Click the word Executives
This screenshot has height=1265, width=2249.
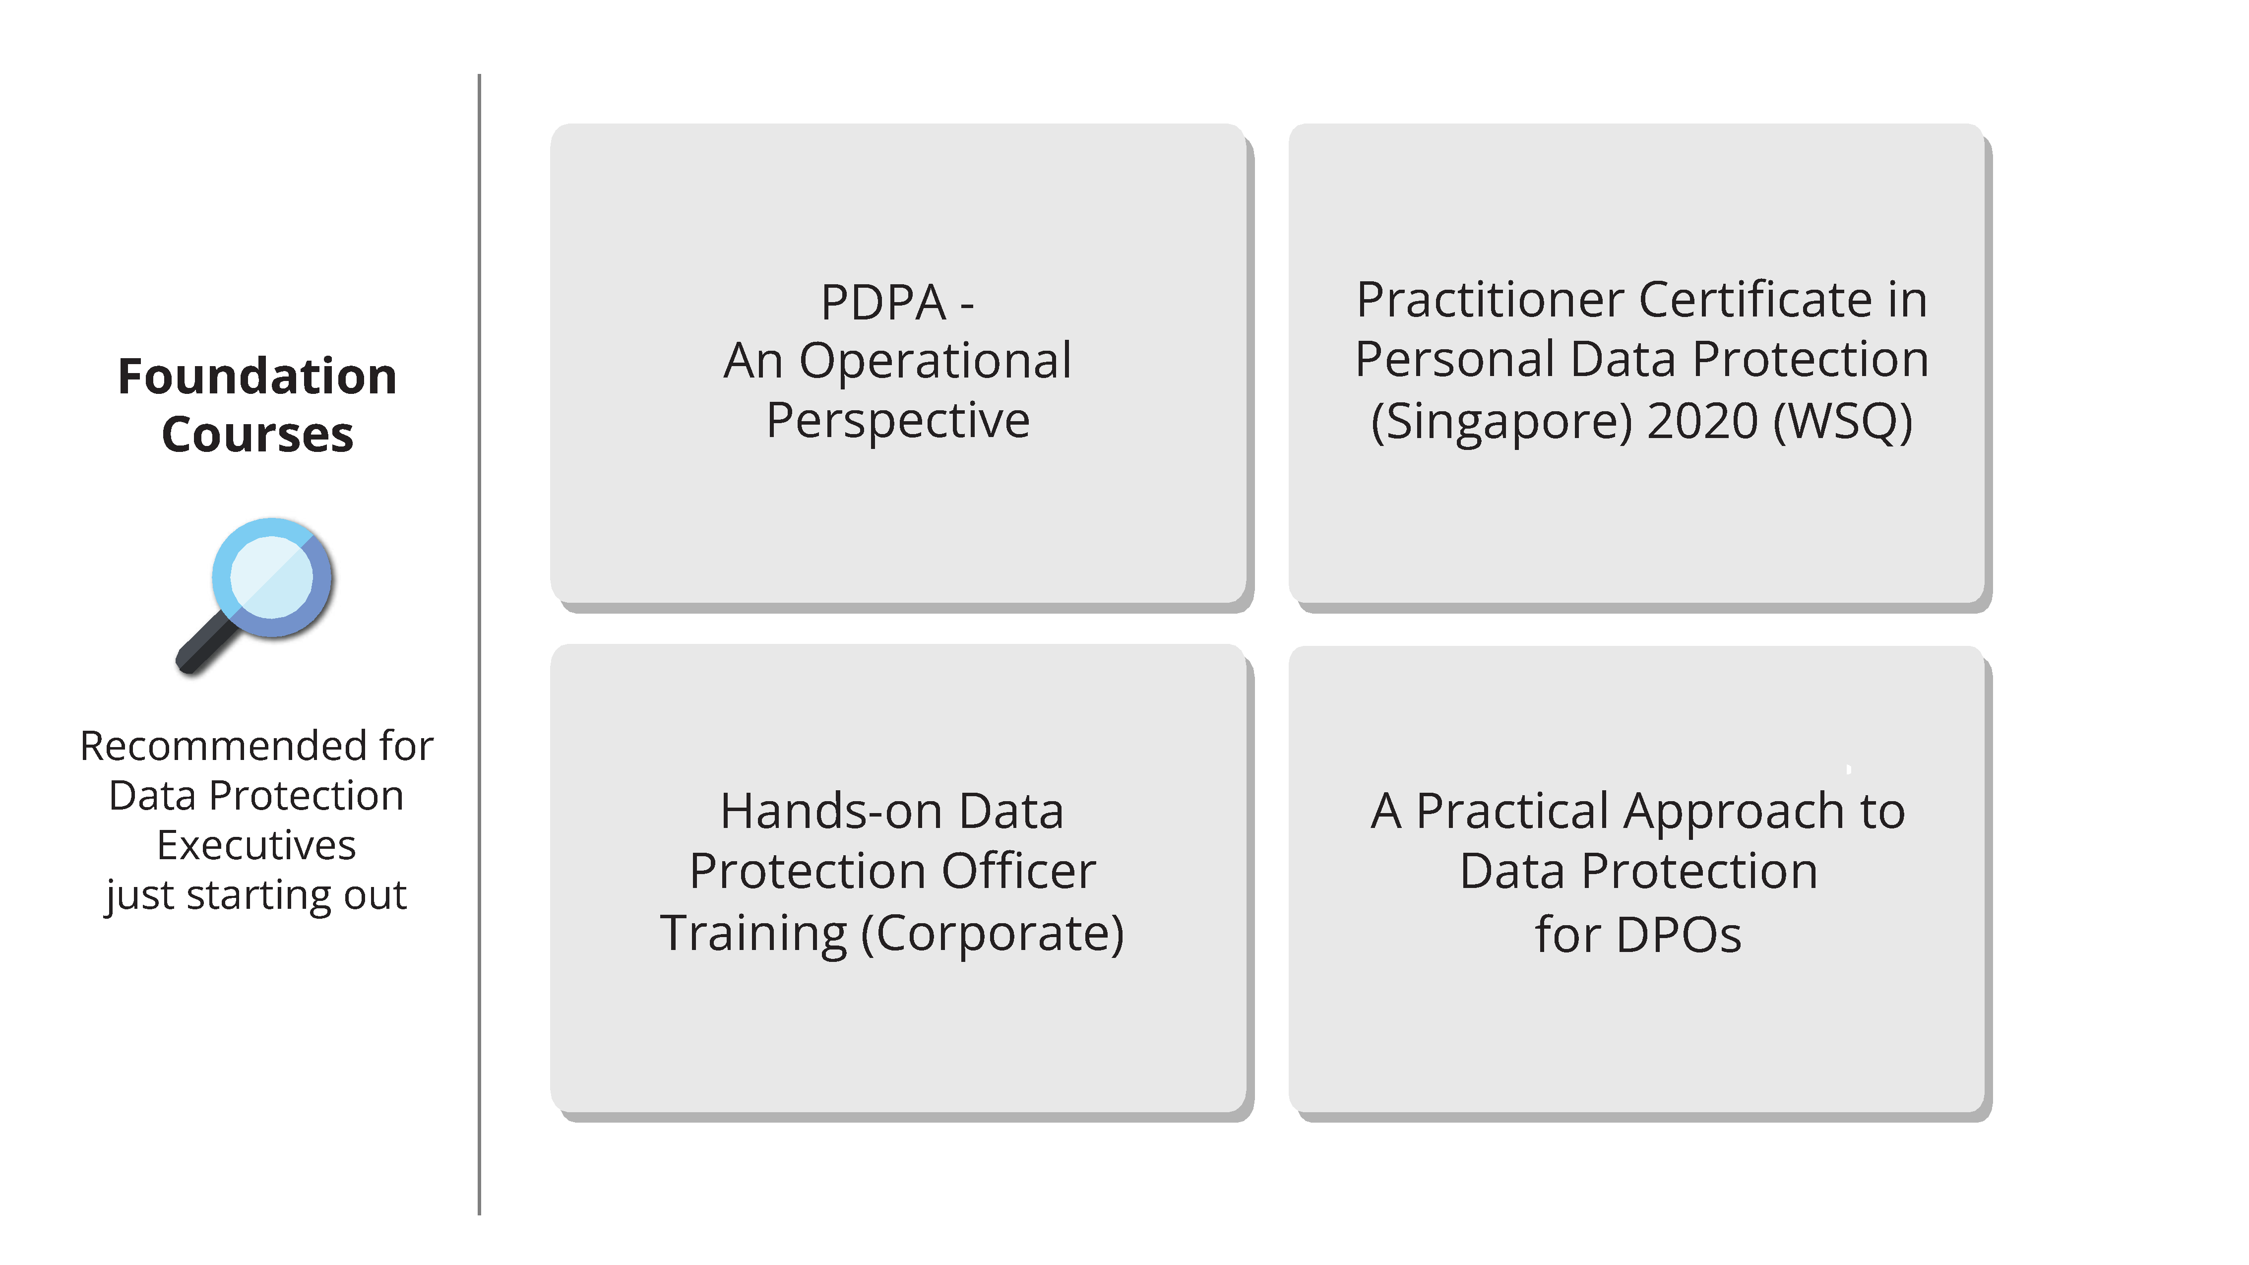(x=256, y=846)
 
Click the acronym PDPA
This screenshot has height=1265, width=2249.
(x=882, y=303)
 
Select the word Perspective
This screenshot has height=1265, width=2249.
(x=897, y=421)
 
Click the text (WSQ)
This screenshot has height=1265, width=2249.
(x=1842, y=422)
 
